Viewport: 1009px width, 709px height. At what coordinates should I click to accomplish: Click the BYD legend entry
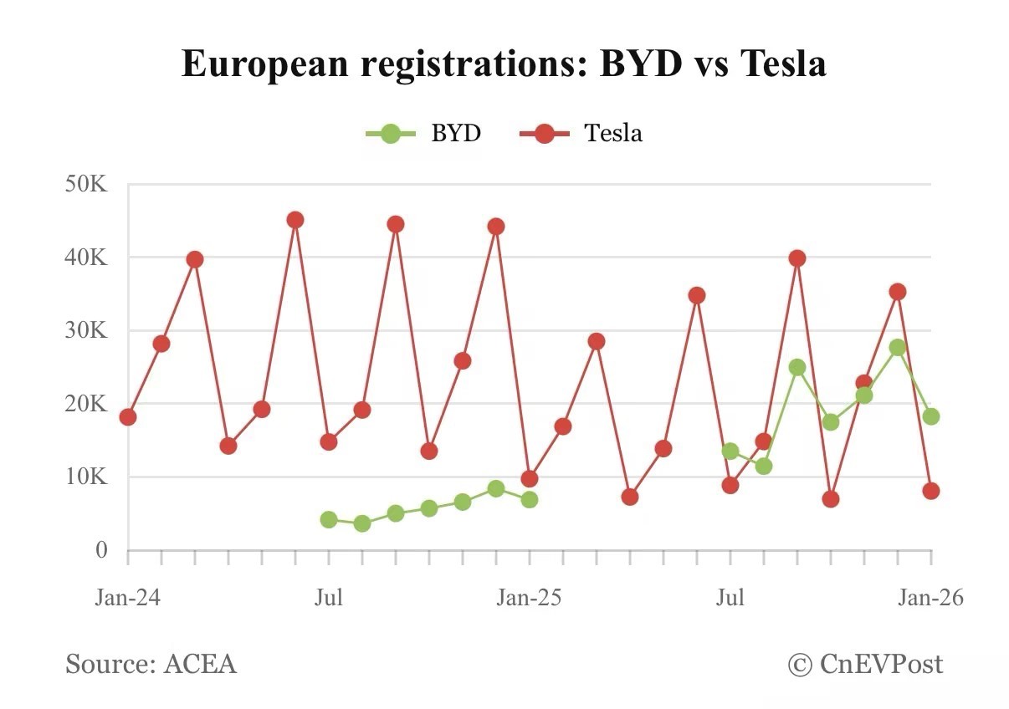(423, 133)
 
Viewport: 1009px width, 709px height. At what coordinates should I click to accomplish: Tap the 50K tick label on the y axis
(86, 184)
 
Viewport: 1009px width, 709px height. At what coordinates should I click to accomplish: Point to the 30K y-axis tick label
(86, 330)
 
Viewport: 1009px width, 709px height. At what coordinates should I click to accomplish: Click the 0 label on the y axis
(100, 550)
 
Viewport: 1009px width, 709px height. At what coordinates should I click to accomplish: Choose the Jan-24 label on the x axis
(127, 599)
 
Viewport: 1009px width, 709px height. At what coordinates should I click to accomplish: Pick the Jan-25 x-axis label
(529, 599)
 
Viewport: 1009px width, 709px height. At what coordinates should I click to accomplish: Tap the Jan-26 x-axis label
(930, 599)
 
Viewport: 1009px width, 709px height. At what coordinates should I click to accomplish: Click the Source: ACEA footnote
(151, 664)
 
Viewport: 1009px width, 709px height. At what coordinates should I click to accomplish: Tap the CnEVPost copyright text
(866, 664)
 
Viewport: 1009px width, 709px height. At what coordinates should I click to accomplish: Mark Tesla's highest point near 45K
(295, 220)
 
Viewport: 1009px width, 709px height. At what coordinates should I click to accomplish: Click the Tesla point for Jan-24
(128, 416)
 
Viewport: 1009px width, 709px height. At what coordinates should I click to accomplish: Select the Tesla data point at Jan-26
(931, 491)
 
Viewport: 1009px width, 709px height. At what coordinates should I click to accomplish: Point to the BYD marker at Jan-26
(931, 416)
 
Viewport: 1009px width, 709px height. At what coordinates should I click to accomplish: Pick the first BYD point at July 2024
(329, 519)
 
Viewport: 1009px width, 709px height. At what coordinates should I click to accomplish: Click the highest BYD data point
(898, 348)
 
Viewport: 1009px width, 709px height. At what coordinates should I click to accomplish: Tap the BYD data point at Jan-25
(529, 499)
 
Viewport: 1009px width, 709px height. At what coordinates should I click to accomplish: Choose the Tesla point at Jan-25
(529, 479)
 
